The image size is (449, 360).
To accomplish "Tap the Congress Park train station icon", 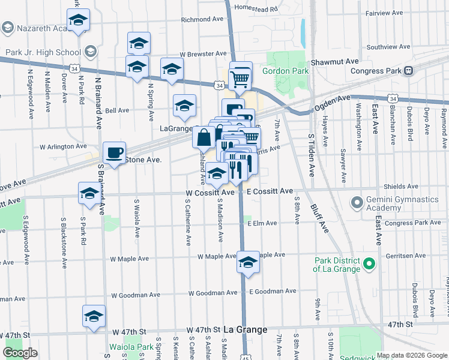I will pyautogui.click(x=408, y=70).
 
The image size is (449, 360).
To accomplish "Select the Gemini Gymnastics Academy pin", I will pyautogui.click(x=358, y=202).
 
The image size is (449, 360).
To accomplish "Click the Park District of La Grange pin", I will pyautogui.click(x=370, y=263).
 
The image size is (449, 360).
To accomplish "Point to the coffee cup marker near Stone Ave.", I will pyautogui.click(x=114, y=153).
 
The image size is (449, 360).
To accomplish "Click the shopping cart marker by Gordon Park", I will pyautogui.click(x=240, y=76).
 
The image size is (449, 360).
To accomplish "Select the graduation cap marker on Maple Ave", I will pyautogui.click(x=247, y=262).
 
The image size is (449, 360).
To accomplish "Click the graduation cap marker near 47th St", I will pyautogui.click(x=94, y=317).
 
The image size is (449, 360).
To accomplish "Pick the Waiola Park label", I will pyautogui.click(x=131, y=347).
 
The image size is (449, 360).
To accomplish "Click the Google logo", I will pyautogui.click(x=20, y=353).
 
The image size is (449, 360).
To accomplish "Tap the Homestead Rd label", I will pyautogui.click(x=257, y=9).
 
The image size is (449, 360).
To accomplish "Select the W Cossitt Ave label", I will pyautogui.click(x=210, y=193).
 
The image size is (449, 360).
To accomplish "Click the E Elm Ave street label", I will pyautogui.click(x=262, y=223).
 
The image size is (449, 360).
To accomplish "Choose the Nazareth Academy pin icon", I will pyautogui.click(x=8, y=28).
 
